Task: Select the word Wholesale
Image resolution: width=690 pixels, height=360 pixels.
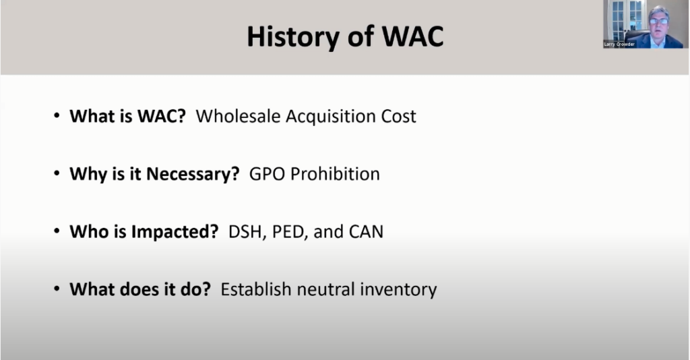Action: pyautogui.click(x=238, y=116)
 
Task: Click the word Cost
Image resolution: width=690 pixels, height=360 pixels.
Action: pyautogui.click(x=399, y=116)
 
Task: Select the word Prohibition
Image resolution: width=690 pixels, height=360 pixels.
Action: pyautogui.click(x=334, y=174)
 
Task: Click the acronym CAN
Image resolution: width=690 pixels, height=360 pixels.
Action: pyautogui.click(x=366, y=232)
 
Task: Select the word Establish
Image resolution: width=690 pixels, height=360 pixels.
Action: pyautogui.click(x=253, y=290)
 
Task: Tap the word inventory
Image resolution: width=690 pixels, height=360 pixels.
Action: pyautogui.click(x=400, y=290)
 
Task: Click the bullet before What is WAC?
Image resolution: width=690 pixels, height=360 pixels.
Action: pyautogui.click(x=57, y=117)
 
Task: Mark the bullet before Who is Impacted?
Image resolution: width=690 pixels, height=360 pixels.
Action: pyautogui.click(x=57, y=233)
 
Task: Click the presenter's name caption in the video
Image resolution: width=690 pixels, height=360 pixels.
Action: pyautogui.click(x=620, y=44)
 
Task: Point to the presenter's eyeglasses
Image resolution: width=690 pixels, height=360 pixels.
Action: pyautogui.click(x=658, y=21)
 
